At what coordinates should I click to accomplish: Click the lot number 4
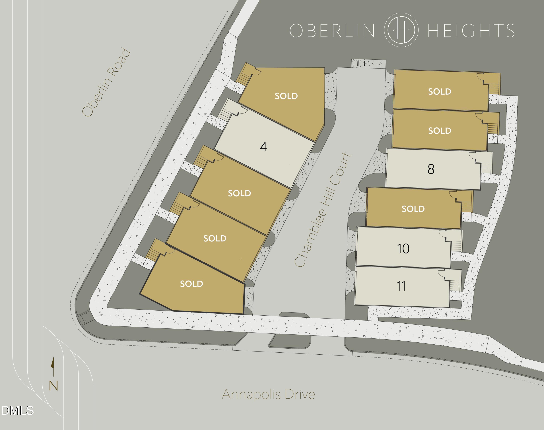[263, 147]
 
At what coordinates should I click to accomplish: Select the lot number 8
[431, 169]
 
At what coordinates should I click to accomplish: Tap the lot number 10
[403, 249]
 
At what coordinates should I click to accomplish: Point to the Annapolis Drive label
[269, 394]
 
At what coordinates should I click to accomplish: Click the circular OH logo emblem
[401, 30]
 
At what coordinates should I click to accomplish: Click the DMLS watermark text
[17, 411]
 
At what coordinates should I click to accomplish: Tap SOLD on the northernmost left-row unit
[286, 96]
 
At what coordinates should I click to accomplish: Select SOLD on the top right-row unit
[440, 92]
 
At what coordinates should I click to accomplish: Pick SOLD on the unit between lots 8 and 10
[413, 209]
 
